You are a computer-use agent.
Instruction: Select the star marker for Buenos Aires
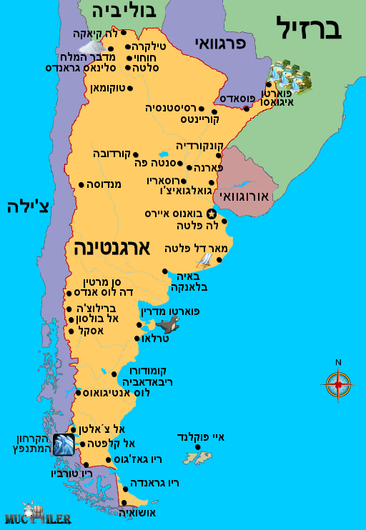211,214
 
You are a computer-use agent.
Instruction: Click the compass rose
338,384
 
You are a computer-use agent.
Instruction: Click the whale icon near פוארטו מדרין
169,327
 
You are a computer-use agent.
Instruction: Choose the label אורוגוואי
244,195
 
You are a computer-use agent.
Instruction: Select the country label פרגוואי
219,44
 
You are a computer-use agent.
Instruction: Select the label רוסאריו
166,181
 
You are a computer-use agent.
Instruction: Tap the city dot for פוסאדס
246,109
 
